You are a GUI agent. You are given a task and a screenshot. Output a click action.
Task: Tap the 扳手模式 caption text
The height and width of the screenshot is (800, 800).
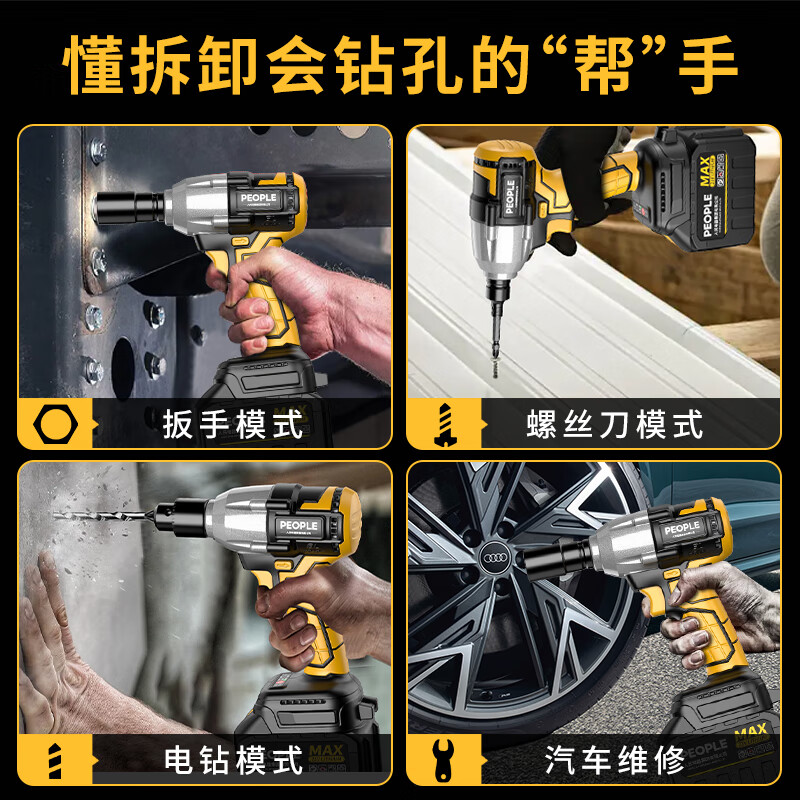[232, 425]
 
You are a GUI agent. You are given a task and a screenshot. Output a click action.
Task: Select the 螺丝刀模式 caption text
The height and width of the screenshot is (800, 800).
[614, 425]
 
